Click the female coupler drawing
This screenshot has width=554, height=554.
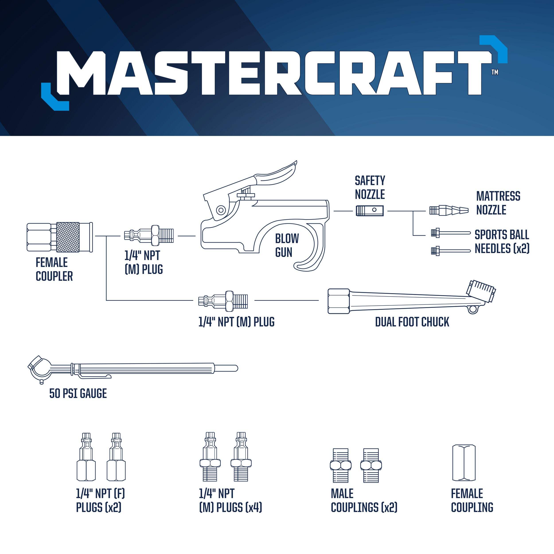click(60, 237)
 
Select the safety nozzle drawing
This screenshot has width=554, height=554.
click(370, 211)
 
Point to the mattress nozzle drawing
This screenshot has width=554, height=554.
click(449, 211)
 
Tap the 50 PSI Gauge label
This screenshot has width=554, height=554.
click(78, 393)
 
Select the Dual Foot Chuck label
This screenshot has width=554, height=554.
click(412, 322)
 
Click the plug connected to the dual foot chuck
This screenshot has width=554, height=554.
click(223, 301)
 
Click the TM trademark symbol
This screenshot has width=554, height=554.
click(495, 72)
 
